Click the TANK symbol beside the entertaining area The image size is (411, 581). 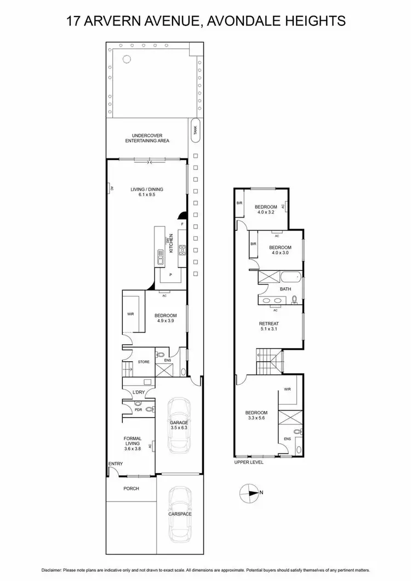point(195,130)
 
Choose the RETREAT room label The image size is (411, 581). point(270,323)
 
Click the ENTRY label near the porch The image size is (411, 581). point(116,464)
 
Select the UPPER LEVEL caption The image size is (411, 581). point(249,462)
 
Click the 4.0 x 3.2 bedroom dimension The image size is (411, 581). point(265,213)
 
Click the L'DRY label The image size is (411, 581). point(139,392)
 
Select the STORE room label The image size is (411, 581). point(144,362)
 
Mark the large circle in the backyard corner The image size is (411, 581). point(127,59)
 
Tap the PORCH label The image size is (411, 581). point(131,488)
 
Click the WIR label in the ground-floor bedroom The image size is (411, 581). point(130,315)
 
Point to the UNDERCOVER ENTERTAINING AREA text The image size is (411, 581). point(147,138)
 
